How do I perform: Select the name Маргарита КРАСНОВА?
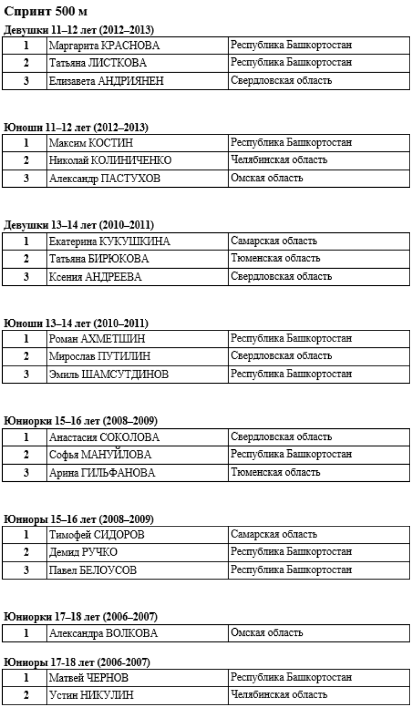[x=100, y=46]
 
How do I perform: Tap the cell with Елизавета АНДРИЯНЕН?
[x=106, y=81]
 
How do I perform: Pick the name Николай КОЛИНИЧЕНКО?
[x=110, y=161]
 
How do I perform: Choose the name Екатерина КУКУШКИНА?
[x=109, y=242]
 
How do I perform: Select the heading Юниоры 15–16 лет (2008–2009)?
[x=78, y=519]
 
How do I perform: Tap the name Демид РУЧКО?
[x=83, y=552]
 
